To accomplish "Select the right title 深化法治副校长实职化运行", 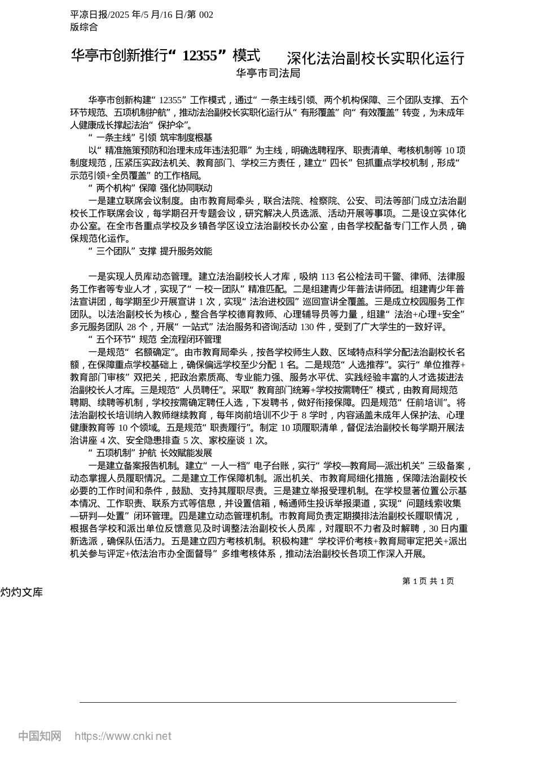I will point(375,58).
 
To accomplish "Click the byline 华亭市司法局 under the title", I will point(268,73).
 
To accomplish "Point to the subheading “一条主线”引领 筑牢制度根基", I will point(151,138).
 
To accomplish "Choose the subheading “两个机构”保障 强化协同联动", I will point(151,188).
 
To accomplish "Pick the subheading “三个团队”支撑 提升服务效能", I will point(151,251).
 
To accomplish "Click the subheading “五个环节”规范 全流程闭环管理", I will point(155,340).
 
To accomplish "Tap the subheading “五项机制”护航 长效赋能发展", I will point(151,453).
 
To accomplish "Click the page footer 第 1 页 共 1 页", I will point(428,581).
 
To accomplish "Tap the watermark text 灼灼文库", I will point(21,592).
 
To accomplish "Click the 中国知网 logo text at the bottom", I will point(39,736).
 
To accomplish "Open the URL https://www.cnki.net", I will point(123,736).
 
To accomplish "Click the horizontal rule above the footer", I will point(268,702).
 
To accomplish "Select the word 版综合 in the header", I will point(84,27).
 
